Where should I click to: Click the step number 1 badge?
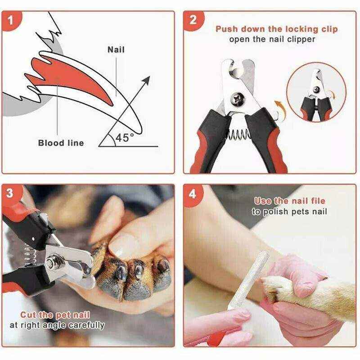coord(13,21)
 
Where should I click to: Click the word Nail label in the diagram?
coord(116,49)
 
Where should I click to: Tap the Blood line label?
coord(61,143)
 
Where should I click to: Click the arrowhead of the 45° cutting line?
coord(146,80)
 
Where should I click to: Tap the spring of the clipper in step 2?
coord(237,133)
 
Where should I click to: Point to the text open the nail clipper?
coord(272,39)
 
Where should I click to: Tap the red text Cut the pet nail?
coord(55,315)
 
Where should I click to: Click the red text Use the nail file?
coord(289,201)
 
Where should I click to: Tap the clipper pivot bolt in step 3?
coord(51,260)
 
